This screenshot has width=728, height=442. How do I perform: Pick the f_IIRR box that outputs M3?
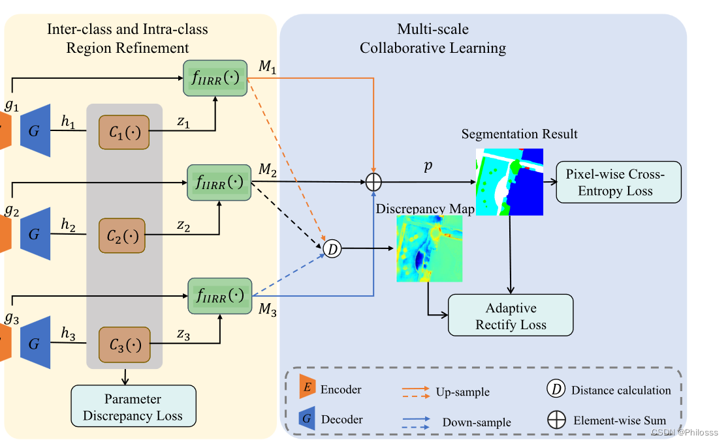point(219,295)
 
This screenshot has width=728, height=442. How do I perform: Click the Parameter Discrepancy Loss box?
point(133,407)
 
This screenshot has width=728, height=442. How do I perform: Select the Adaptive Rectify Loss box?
point(511,316)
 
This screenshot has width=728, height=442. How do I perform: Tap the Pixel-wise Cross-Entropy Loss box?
point(618,183)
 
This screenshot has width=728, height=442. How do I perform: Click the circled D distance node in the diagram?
point(333,248)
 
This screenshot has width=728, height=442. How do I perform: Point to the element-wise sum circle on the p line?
point(373,183)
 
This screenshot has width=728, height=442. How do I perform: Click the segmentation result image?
point(509,181)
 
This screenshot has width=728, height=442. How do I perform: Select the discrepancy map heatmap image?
point(429,248)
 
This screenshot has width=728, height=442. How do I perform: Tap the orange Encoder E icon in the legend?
point(306,389)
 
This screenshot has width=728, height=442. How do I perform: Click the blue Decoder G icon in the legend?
point(306,419)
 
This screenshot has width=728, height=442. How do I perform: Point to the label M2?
point(268,170)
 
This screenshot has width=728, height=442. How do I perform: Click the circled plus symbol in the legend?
point(556,420)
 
